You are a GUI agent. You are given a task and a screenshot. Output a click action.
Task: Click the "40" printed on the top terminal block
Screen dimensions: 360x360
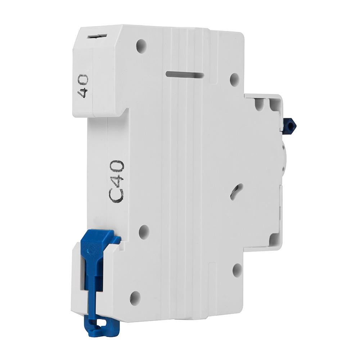tap(83, 86)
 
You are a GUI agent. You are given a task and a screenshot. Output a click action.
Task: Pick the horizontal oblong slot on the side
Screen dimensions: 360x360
tap(185, 75)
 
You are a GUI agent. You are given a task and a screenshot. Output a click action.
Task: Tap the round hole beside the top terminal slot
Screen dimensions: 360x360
tap(141, 44)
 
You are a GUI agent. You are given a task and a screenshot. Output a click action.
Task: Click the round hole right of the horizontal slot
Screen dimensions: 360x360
tap(235, 79)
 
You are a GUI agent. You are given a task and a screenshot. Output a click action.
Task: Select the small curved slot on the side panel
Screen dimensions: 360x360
tap(236, 190)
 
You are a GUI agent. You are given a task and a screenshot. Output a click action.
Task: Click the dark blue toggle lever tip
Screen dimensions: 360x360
tap(290, 125)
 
